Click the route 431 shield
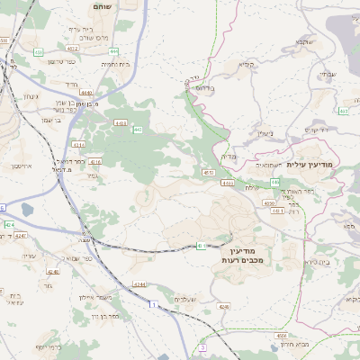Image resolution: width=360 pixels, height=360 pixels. click(202, 245)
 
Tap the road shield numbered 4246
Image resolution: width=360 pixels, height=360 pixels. click(53, 271)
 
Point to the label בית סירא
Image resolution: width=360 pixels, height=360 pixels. click(319, 262)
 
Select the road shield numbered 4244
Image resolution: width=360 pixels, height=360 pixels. click(139, 283)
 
